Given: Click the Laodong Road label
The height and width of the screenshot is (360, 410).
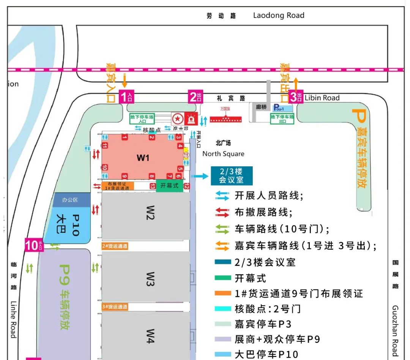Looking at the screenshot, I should click(279, 16).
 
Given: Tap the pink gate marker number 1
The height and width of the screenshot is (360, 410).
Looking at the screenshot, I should click(126, 97).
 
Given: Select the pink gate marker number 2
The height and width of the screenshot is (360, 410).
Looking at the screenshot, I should click(196, 97).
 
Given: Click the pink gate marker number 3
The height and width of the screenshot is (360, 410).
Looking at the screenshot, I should click(296, 97).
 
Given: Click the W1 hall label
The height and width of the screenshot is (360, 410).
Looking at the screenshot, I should click(143, 158).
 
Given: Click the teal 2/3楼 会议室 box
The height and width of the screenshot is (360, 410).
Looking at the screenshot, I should click(232, 175).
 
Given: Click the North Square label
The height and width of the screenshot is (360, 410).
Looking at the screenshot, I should click(223, 154).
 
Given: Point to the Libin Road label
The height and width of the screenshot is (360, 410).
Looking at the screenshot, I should click(322, 98).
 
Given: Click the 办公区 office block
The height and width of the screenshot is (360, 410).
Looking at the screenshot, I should click(70, 200).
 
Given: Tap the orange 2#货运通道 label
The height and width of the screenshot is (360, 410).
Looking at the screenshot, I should click(115, 246).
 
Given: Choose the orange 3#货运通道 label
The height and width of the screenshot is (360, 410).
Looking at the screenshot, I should click(115, 306).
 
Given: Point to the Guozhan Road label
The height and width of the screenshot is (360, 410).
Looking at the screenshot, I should click(395, 330).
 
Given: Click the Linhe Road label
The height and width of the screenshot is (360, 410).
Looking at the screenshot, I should click(13, 319).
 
